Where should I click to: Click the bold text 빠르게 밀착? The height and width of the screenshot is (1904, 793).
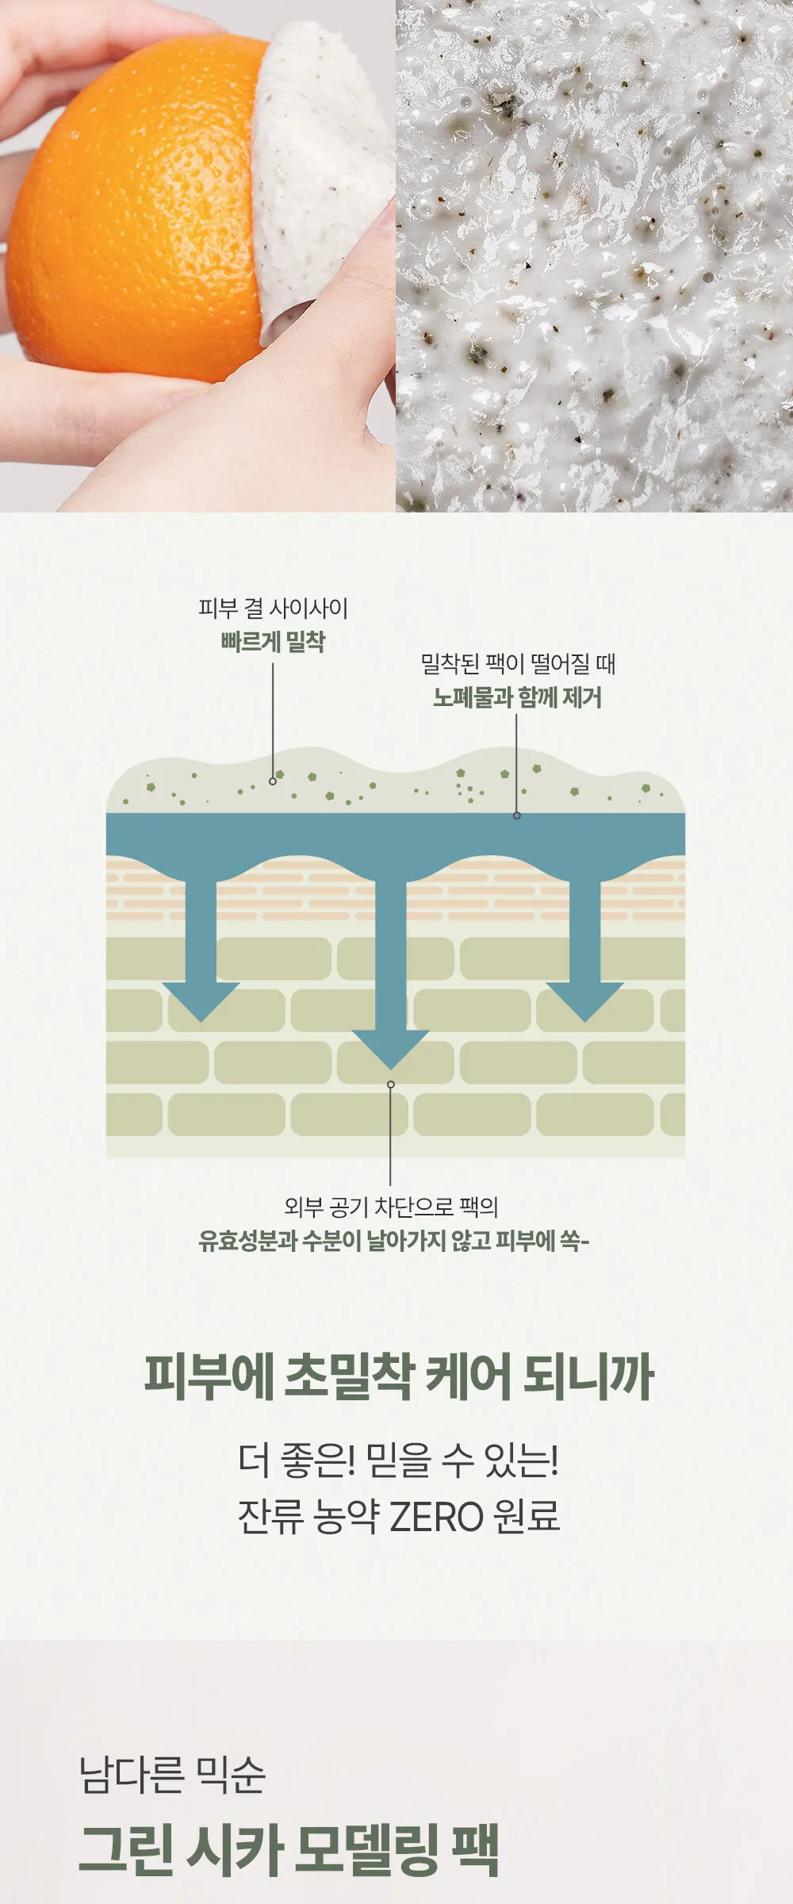click(x=273, y=642)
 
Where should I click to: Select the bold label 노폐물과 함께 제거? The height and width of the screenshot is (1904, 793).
click(x=517, y=697)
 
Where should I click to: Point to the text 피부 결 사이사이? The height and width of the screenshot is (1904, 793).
click(x=273, y=608)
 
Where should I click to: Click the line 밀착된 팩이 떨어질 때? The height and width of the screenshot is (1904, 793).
click(x=518, y=664)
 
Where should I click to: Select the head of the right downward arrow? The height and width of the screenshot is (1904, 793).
click(x=585, y=1002)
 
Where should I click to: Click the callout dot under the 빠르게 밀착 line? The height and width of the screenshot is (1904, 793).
click(x=273, y=781)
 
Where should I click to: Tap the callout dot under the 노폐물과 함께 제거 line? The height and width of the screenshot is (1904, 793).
click(x=517, y=815)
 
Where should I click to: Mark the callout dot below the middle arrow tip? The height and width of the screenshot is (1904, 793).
click(x=390, y=1084)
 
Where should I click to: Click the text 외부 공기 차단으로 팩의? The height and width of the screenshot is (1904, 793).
click(x=391, y=1207)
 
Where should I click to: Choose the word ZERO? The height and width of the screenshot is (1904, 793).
click(x=437, y=1516)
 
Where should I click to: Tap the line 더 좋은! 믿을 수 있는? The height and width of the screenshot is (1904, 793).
click(x=398, y=1461)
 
